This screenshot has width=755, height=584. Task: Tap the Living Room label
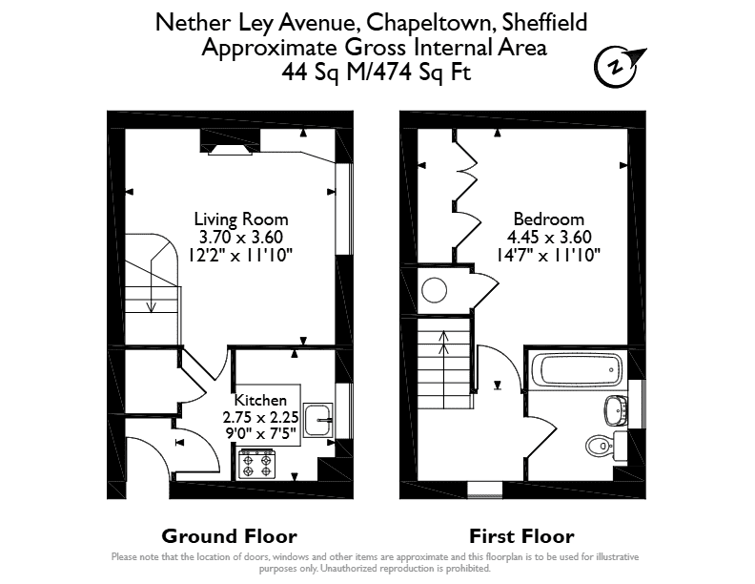point(241,219)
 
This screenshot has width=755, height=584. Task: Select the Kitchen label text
point(260,400)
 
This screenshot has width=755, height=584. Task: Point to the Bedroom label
point(548,219)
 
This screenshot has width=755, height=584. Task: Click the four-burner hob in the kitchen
point(257,464)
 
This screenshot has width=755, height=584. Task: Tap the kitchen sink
point(317,420)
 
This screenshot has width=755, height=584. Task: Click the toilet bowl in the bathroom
point(600,446)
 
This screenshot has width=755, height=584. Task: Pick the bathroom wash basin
point(615,410)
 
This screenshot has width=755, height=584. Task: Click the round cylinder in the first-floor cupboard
point(435,290)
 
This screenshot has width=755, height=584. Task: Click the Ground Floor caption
point(229,536)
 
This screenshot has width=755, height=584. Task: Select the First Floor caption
point(521,536)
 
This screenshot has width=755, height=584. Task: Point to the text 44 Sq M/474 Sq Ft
point(377,73)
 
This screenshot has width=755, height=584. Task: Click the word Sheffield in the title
point(544,22)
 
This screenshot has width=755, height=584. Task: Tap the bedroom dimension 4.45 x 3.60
point(549,237)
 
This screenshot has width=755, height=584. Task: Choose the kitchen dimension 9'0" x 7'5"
point(260,433)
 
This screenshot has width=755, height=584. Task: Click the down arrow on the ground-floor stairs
point(152,284)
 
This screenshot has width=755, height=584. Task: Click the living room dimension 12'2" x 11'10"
point(241,255)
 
